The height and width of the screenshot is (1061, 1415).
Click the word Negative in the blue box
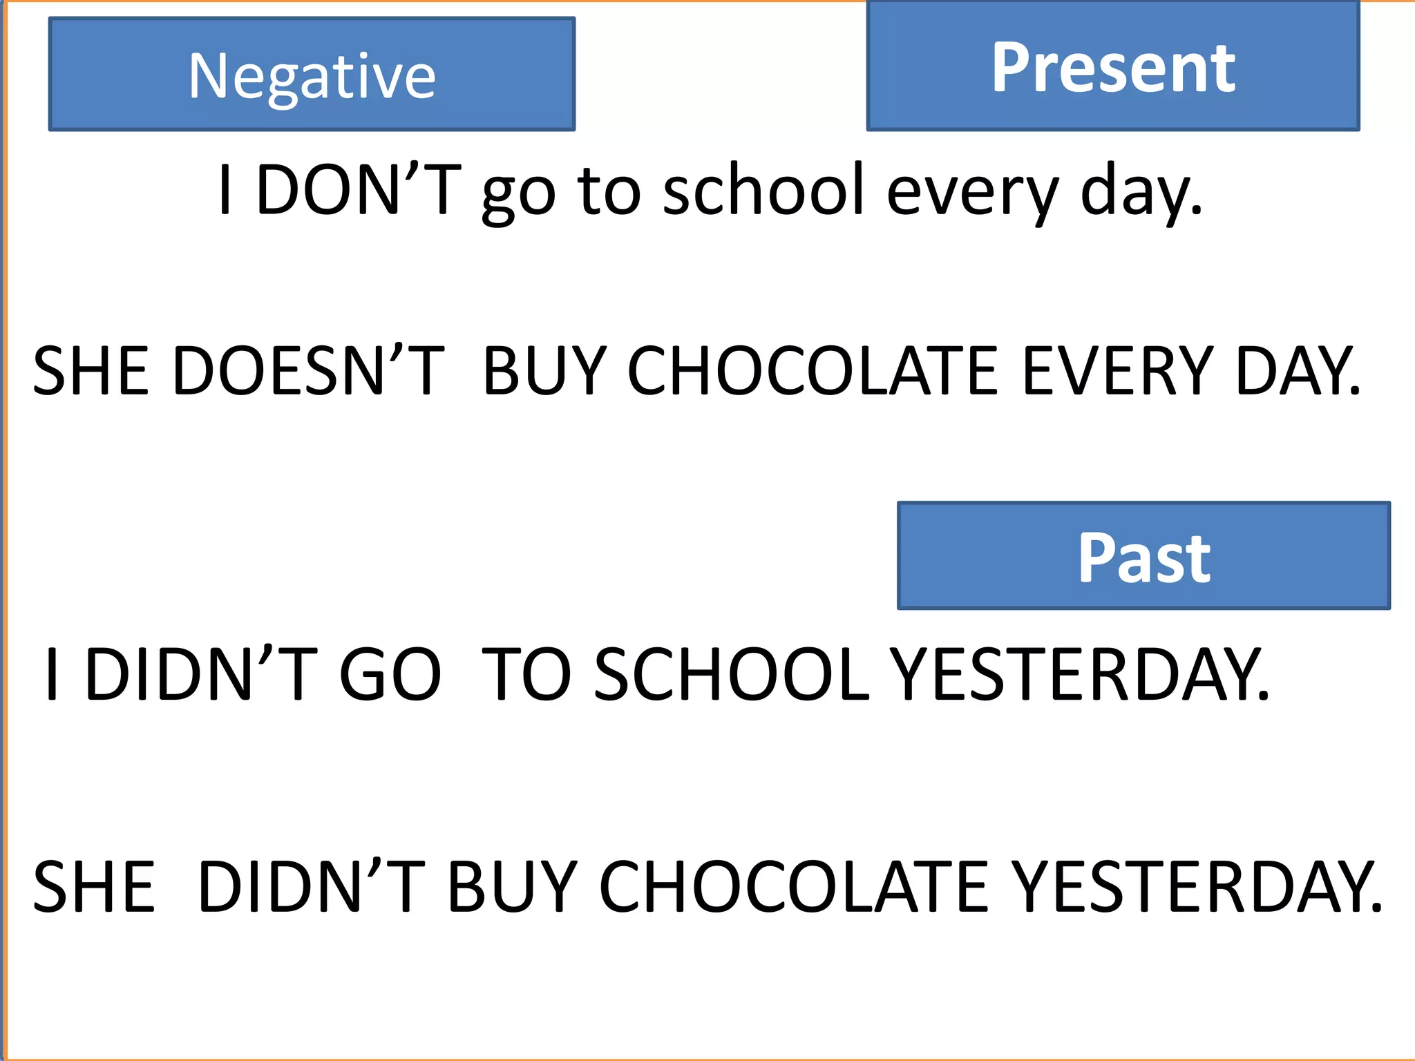312,77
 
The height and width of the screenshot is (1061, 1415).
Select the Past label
1144,557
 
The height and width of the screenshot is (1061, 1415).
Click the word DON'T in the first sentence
358,190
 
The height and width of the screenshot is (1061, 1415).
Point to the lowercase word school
763,190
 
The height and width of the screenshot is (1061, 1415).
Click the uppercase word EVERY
1117,372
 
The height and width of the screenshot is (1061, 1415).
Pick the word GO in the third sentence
390,675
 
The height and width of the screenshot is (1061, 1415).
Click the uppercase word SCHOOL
731,675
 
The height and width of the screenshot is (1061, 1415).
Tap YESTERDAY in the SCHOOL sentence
1079,675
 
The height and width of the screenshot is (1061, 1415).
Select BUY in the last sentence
512,887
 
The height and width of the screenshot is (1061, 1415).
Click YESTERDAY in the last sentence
1197,887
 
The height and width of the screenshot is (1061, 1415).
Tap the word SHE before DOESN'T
91,372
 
